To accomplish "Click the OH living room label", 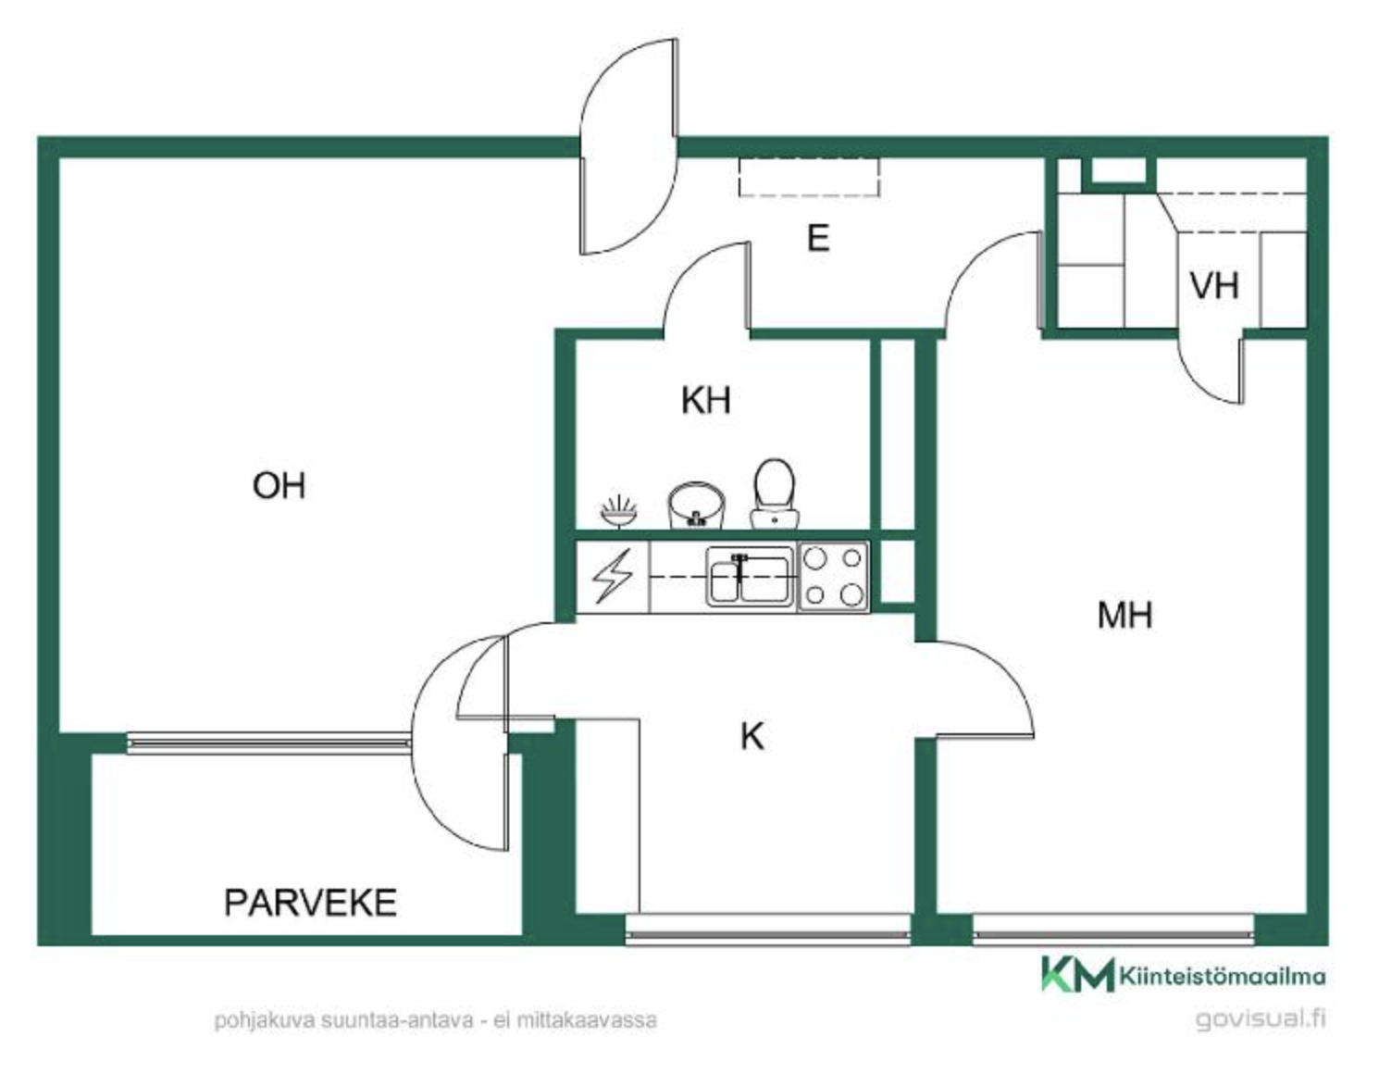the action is (x=280, y=485).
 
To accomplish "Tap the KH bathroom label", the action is (x=705, y=401).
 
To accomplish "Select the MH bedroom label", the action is (x=1125, y=615).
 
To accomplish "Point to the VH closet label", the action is (x=1214, y=286).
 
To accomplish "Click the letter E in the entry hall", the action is (x=819, y=239).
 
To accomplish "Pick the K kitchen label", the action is (x=752, y=737).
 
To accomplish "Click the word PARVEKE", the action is (x=310, y=903).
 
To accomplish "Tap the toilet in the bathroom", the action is (x=775, y=493).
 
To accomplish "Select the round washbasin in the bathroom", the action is (x=696, y=506).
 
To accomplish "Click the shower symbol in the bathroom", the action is (x=619, y=511).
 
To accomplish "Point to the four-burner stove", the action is (x=834, y=577).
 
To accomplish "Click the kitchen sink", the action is (x=751, y=577).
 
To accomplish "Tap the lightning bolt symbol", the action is (x=613, y=576).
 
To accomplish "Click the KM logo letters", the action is (x=1077, y=974).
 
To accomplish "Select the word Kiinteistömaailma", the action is (x=1223, y=976).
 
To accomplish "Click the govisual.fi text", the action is (x=1261, y=1019).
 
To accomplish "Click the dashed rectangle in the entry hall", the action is (x=809, y=177).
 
